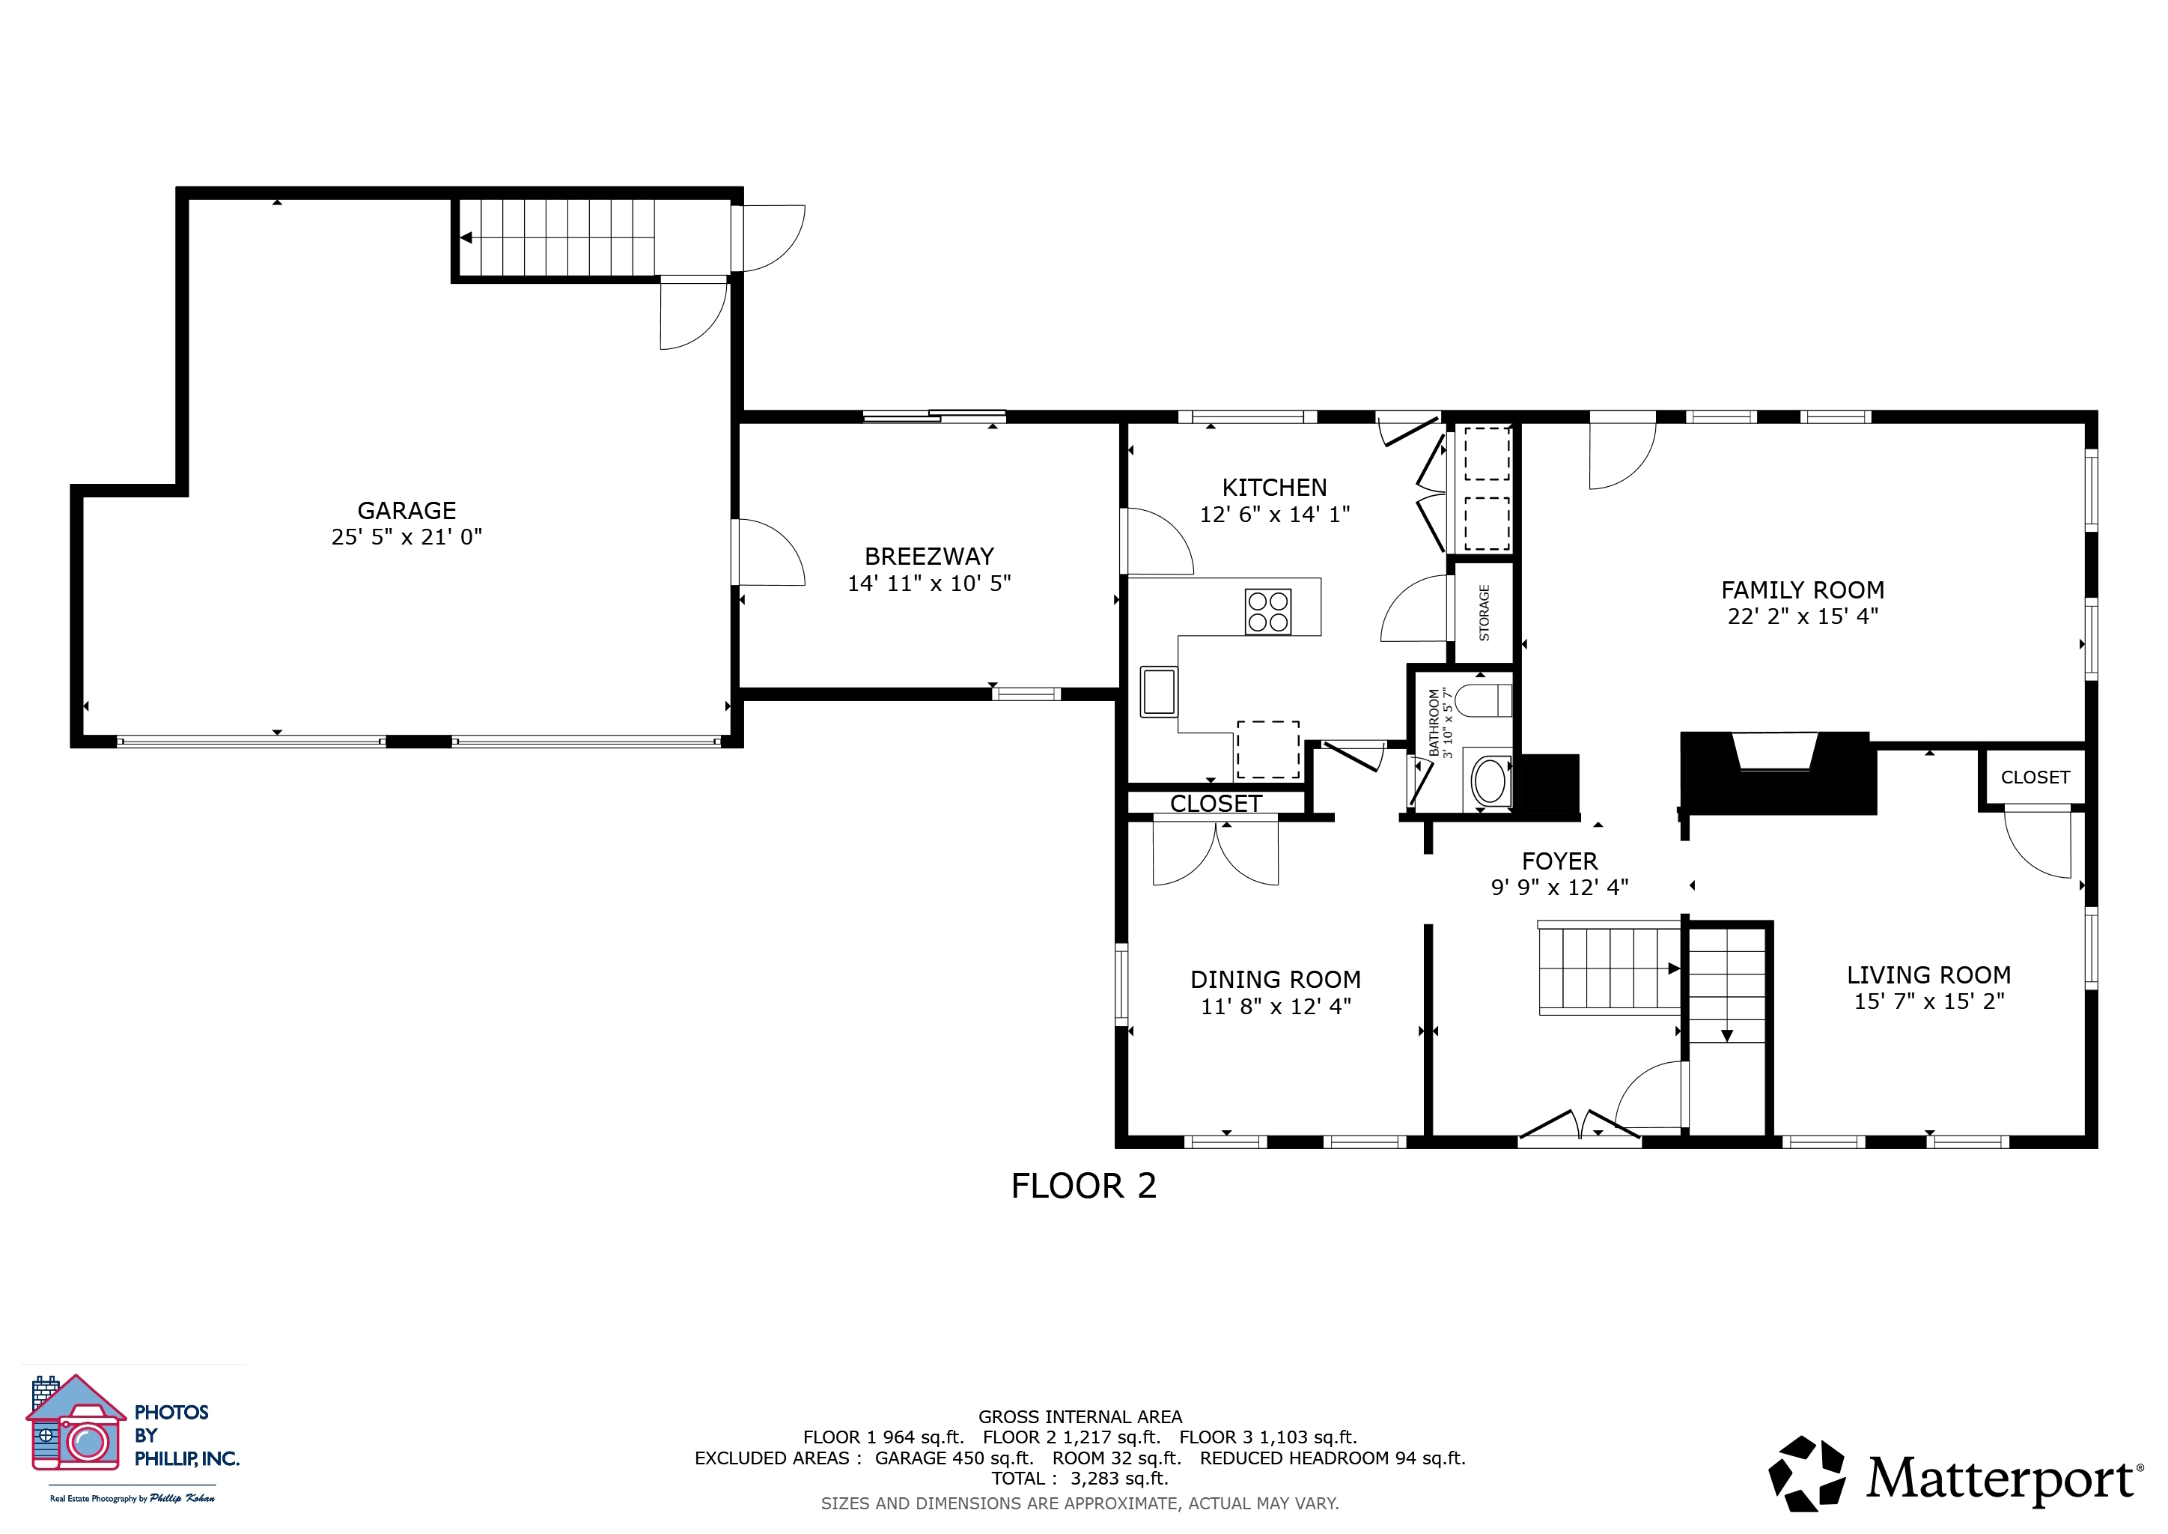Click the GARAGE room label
coord(407,511)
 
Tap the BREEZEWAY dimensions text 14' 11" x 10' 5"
coord(929,583)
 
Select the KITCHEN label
coord(1275,488)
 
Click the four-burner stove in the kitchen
coord(1268,611)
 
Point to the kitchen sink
coord(1159,691)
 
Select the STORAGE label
coord(1485,613)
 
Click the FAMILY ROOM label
coord(1803,590)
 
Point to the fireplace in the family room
coord(1777,773)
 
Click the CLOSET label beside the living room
coord(2035,777)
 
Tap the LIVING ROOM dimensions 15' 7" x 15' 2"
coord(1929,1001)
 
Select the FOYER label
coord(1560,861)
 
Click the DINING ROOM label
coord(1276,980)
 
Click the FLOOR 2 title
coord(1084,1186)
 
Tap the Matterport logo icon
coord(1806,1473)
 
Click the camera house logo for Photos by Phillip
coord(76,1423)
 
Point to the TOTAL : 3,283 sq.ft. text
coord(1080,1479)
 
